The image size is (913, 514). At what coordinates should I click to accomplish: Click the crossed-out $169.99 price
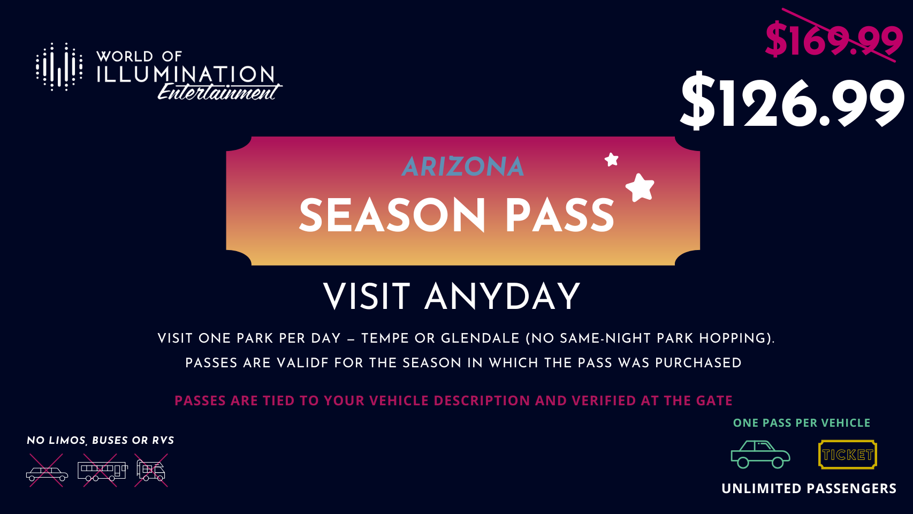pyautogui.click(x=834, y=40)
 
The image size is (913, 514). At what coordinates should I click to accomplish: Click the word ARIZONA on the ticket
pyautogui.click(x=462, y=167)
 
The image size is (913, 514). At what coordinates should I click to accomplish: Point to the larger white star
pyautogui.click(x=640, y=187)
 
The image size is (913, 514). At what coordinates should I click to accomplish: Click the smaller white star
pyautogui.click(x=611, y=160)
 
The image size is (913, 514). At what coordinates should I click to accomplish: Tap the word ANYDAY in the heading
pyautogui.click(x=502, y=297)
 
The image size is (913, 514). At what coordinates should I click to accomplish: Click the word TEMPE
pyautogui.click(x=385, y=338)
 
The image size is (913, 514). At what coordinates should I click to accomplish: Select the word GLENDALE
pyautogui.click(x=480, y=338)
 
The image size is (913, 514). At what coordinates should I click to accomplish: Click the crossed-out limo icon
pyautogui.click(x=47, y=470)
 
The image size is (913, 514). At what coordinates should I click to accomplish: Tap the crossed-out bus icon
pyautogui.click(x=102, y=470)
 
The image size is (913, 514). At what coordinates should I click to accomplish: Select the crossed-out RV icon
pyautogui.click(x=151, y=470)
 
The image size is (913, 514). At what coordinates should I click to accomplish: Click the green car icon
pyautogui.click(x=760, y=455)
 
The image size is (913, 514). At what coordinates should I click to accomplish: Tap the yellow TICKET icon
pyautogui.click(x=847, y=455)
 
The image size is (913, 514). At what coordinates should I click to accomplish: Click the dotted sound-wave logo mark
pyautogui.click(x=59, y=66)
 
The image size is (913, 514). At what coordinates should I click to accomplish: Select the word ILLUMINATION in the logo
pyautogui.click(x=186, y=74)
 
